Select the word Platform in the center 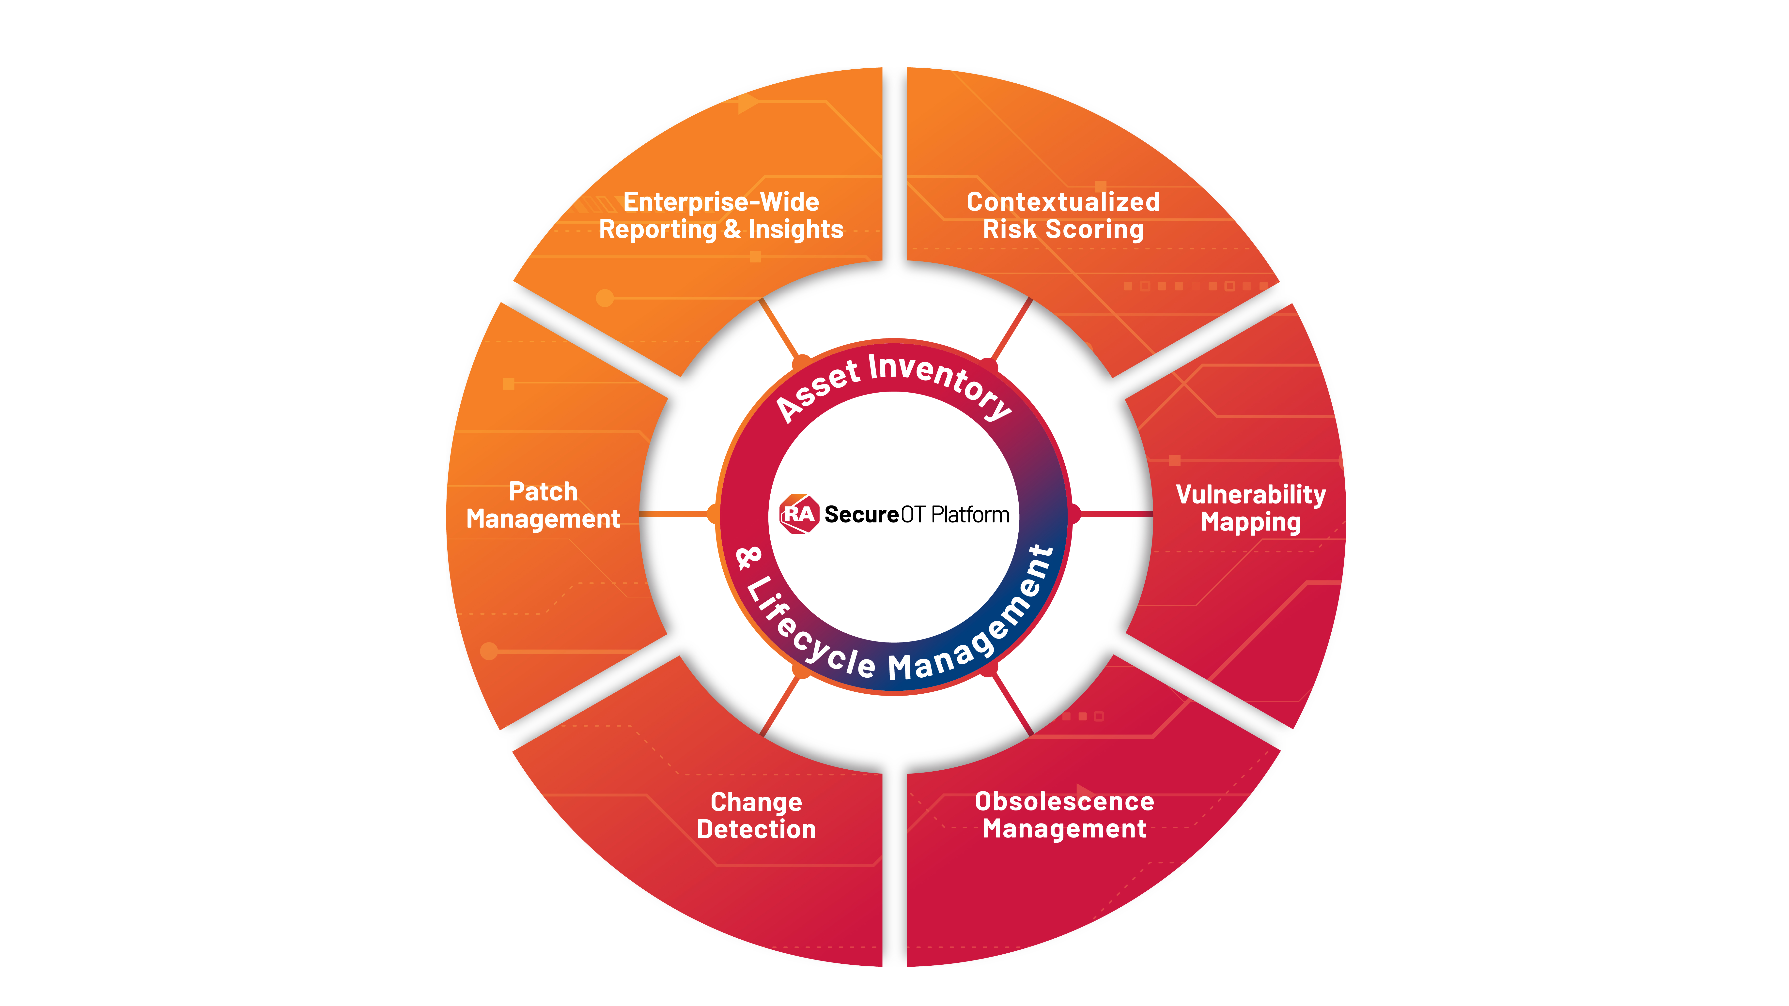(970, 515)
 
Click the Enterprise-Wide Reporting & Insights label (721, 216)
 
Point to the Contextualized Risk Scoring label (1063, 216)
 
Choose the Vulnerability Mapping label (1251, 508)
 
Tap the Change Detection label (756, 816)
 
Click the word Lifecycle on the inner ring (809, 628)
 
